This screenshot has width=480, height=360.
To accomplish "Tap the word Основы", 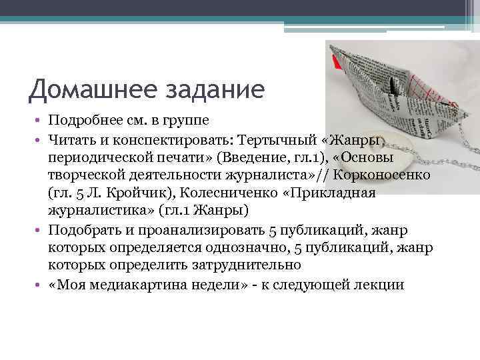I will tap(377, 159).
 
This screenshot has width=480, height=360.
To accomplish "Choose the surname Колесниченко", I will tap(259, 193).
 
